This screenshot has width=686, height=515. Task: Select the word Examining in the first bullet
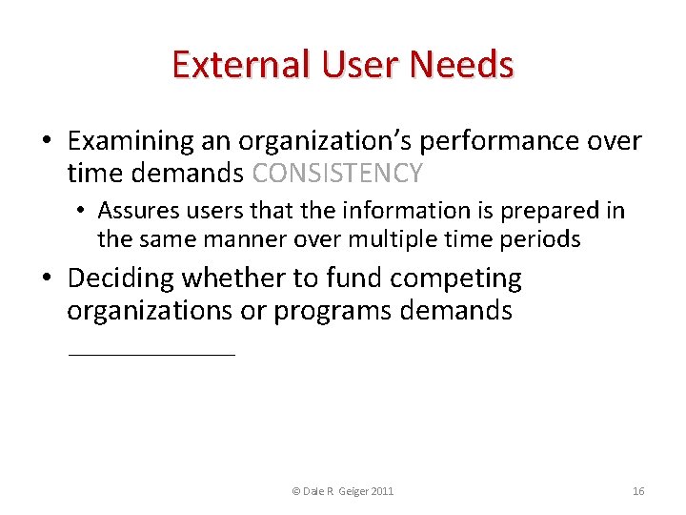(x=130, y=141)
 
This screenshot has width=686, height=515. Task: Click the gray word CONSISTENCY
(x=338, y=174)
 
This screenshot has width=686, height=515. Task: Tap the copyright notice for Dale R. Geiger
(x=343, y=491)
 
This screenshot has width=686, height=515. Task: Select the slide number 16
(x=638, y=491)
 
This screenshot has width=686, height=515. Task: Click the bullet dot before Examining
(x=46, y=142)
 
